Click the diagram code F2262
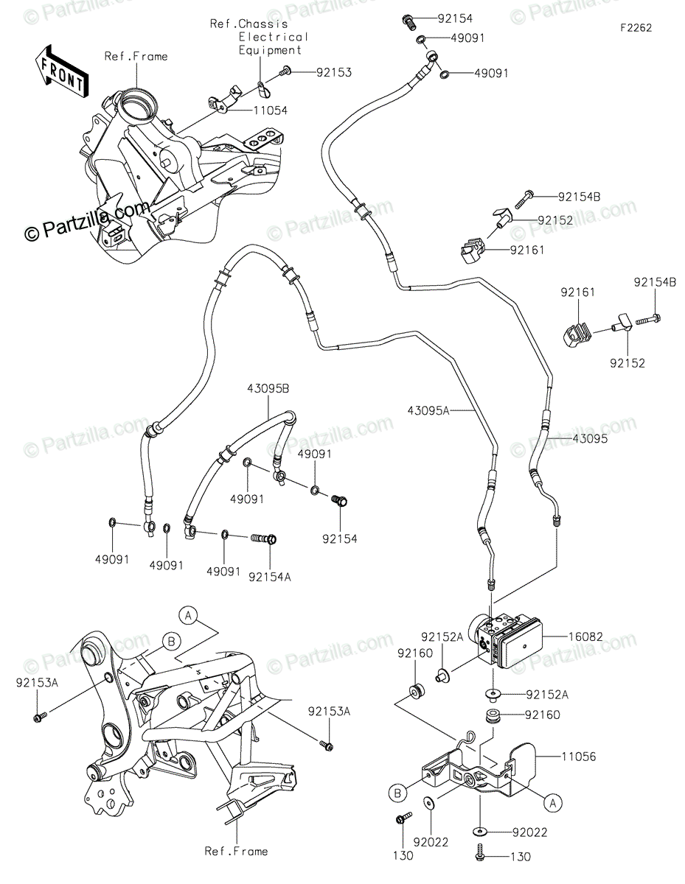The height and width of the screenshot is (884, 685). (x=636, y=28)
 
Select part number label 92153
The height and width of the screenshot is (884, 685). (x=334, y=72)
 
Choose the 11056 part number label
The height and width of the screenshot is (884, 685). (x=579, y=757)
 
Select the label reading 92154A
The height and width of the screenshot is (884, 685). (x=269, y=578)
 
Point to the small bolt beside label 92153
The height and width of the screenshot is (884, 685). (x=286, y=71)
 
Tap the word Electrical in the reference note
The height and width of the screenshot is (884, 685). (x=273, y=37)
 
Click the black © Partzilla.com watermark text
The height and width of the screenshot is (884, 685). (x=87, y=223)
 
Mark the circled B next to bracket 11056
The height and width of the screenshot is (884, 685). (x=397, y=793)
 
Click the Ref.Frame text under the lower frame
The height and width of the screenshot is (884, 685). (x=236, y=851)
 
